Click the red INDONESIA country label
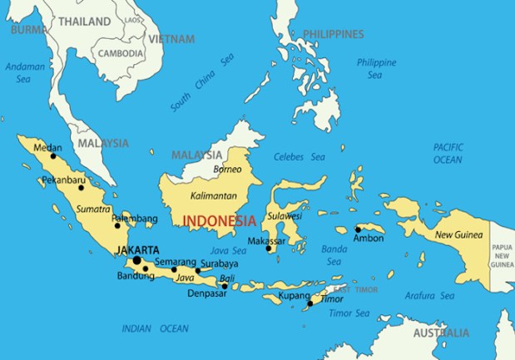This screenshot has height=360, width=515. [x=219, y=221]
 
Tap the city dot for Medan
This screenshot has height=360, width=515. [x=53, y=155]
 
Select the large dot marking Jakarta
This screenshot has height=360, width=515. [x=136, y=260]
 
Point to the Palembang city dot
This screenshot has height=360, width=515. [x=117, y=225]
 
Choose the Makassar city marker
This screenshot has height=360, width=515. [x=269, y=248]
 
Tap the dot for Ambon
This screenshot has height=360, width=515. [x=358, y=229]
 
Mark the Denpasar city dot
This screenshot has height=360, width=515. [x=225, y=286]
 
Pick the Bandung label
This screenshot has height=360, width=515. [x=135, y=276]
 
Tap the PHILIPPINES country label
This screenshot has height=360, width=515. [x=333, y=34]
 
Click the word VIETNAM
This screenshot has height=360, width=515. [x=171, y=39]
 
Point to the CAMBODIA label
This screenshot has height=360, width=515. [x=121, y=53]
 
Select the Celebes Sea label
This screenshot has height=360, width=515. [x=299, y=156]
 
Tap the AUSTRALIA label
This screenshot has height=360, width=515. [x=441, y=333]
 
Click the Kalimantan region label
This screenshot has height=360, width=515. [x=213, y=195]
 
